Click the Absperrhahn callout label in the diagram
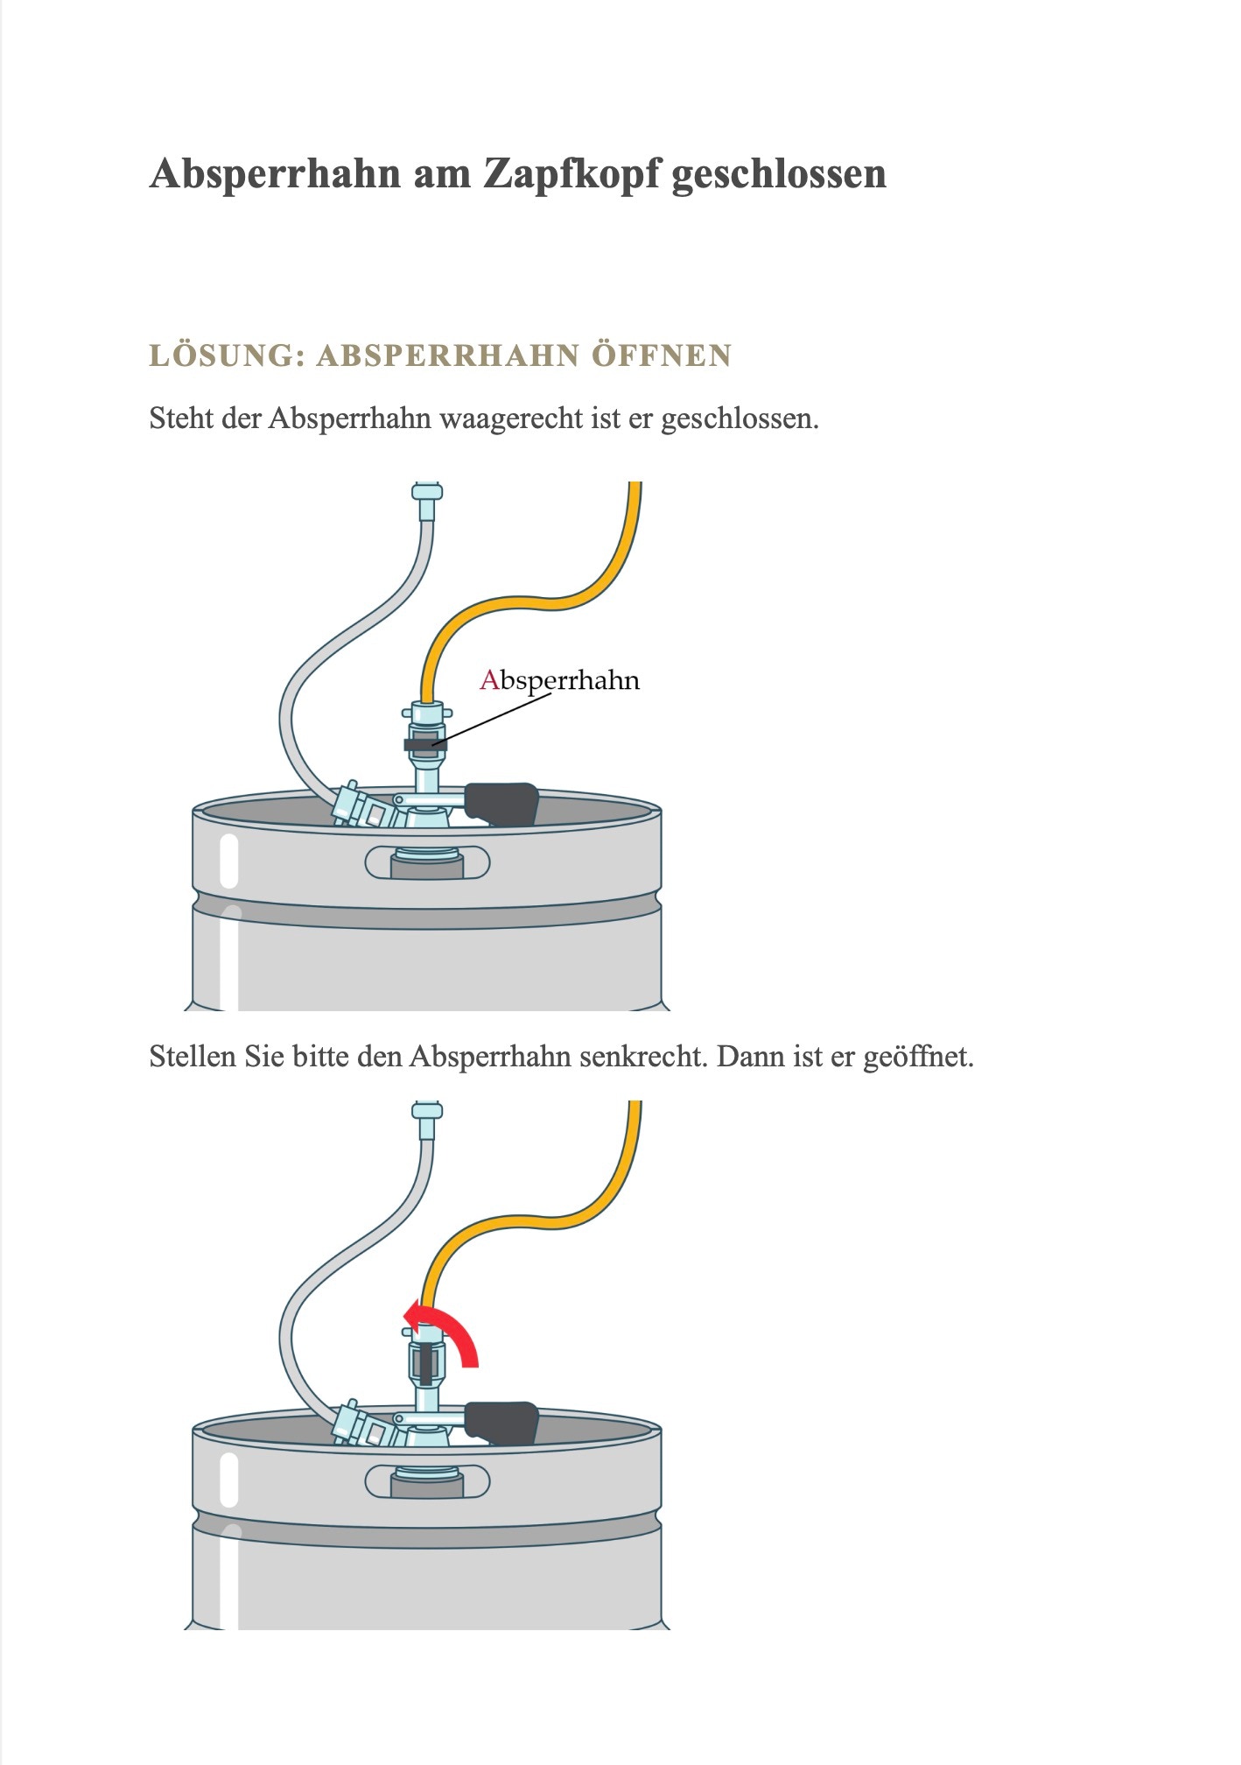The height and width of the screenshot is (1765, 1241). click(559, 680)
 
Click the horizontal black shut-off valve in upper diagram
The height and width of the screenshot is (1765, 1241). click(425, 744)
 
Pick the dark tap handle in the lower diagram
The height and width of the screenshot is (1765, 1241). click(501, 1424)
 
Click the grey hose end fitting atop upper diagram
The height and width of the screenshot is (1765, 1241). click(426, 500)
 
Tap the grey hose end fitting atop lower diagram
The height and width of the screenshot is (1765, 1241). click(426, 1120)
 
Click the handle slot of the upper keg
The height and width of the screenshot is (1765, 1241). click(427, 863)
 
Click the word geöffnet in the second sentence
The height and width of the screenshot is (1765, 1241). click(918, 1058)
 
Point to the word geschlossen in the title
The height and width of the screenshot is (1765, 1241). click(779, 173)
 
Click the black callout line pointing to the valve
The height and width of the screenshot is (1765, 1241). click(492, 720)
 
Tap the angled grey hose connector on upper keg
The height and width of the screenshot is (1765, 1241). click(367, 805)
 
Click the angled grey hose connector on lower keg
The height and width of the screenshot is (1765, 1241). click(367, 1425)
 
